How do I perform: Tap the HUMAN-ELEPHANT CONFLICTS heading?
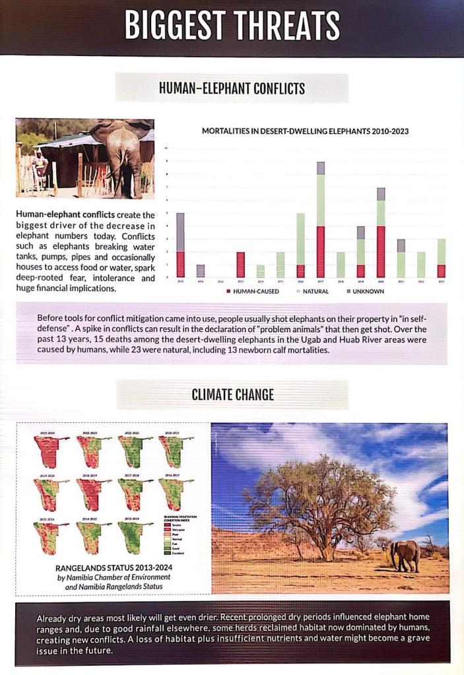(x=232, y=88)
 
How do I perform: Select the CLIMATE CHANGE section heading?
(x=232, y=395)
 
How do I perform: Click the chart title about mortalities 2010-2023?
(x=305, y=131)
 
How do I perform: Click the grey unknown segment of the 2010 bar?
(x=180, y=232)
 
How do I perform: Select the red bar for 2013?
(x=240, y=264)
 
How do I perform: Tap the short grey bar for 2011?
(x=201, y=271)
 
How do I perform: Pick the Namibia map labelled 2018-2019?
(x=90, y=494)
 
